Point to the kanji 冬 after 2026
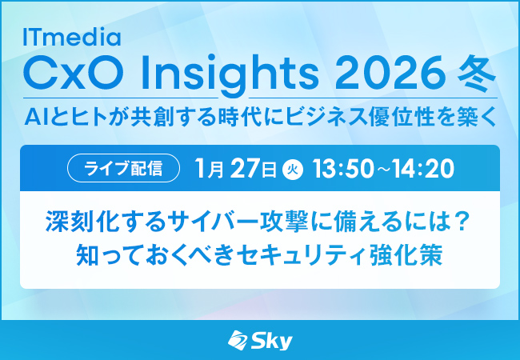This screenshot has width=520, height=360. [478, 77]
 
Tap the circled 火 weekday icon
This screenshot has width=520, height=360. [291, 170]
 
